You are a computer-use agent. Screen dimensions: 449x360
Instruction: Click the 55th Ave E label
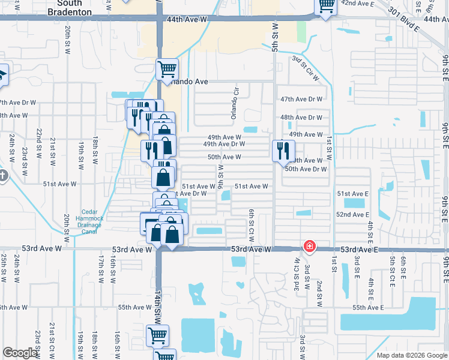click(x=367, y=307)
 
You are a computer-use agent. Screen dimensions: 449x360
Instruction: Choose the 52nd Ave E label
click(x=352, y=214)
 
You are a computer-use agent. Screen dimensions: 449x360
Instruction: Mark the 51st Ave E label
click(x=352, y=194)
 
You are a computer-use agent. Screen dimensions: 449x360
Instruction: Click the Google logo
click(x=21, y=353)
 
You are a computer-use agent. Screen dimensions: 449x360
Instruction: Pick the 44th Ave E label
click(x=436, y=20)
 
